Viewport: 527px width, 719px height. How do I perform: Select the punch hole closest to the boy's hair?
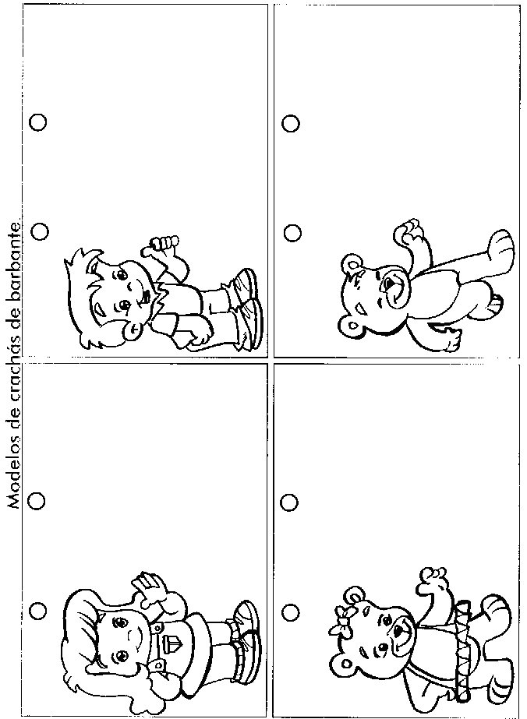(41, 231)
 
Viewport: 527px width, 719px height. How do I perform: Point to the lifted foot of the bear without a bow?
(500, 246)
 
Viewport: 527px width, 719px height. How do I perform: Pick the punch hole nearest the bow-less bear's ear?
(292, 233)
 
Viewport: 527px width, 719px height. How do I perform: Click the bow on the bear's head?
(341, 621)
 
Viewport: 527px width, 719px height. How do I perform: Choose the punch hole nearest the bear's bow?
(290, 612)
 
